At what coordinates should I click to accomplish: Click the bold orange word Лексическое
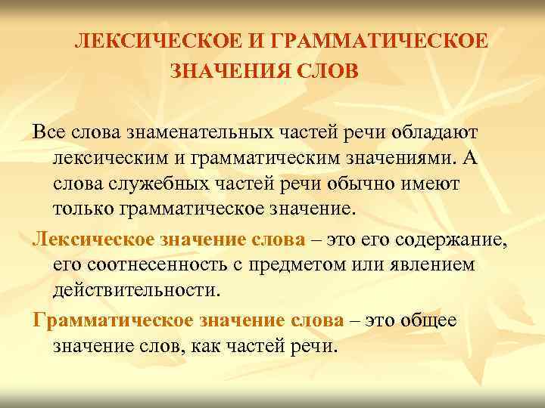point(93,240)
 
